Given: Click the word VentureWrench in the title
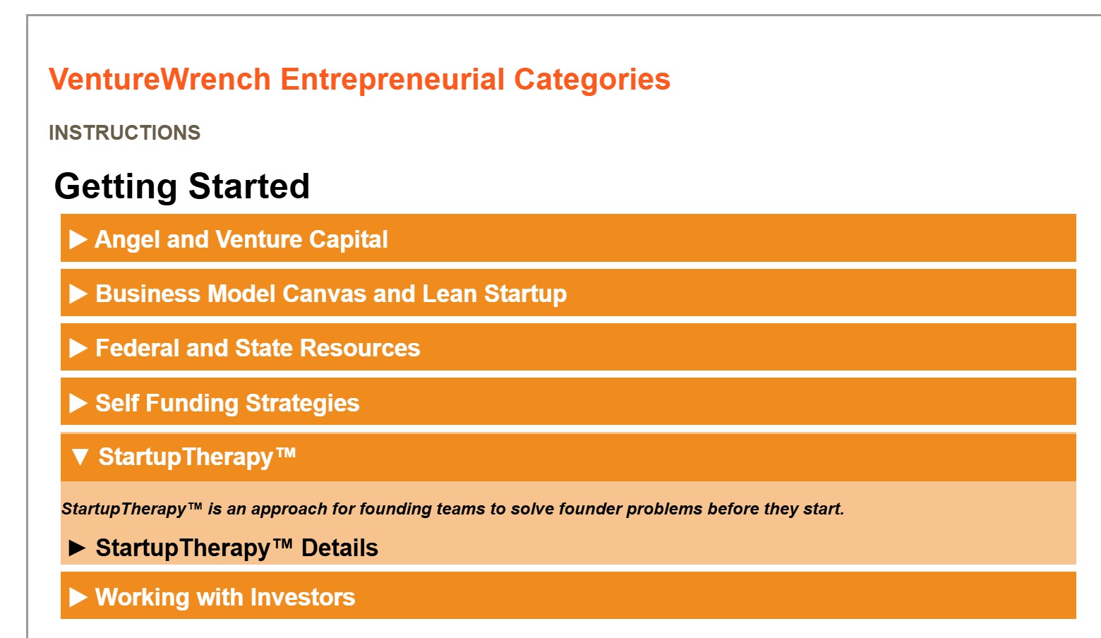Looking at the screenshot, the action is click(x=160, y=79).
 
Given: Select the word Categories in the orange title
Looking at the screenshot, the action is click(x=591, y=80).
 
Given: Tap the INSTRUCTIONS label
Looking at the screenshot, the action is click(x=124, y=133).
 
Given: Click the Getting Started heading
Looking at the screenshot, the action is click(x=182, y=186).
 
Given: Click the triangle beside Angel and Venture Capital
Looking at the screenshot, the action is click(x=78, y=239).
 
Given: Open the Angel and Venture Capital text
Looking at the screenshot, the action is click(x=241, y=240).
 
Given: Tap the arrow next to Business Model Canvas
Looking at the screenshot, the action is click(x=78, y=294).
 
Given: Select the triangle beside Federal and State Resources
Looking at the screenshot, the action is click(x=78, y=348).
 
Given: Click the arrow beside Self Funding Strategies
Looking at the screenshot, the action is click(x=78, y=403).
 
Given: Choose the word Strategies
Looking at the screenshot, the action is click(x=302, y=404).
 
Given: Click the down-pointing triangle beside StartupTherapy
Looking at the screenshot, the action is click(x=80, y=457).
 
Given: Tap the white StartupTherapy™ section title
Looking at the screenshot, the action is click(x=197, y=457).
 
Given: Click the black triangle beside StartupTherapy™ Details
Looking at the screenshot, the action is click(x=77, y=548).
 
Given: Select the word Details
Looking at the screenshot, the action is click(x=339, y=548).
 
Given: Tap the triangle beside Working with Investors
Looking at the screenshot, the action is click(x=78, y=597).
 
